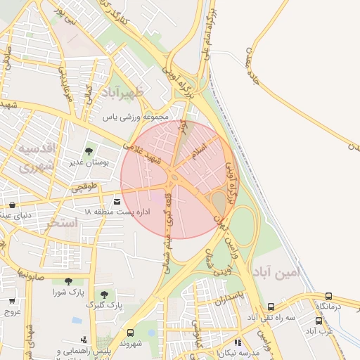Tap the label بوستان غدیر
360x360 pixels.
pyautogui.click(x=89, y=163)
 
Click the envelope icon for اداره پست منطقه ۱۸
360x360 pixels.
pyautogui.click(x=116, y=202)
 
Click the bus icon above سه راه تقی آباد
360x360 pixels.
pyautogui.click(x=271, y=307)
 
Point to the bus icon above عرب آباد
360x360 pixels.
pyautogui.click(x=319, y=320)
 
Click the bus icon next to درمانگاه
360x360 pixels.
pyautogui.click(x=329, y=296)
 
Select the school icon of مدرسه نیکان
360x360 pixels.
pyautogui.click(x=237, y=342)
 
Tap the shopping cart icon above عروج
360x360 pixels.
pyautogui.click(x=11, y=301)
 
